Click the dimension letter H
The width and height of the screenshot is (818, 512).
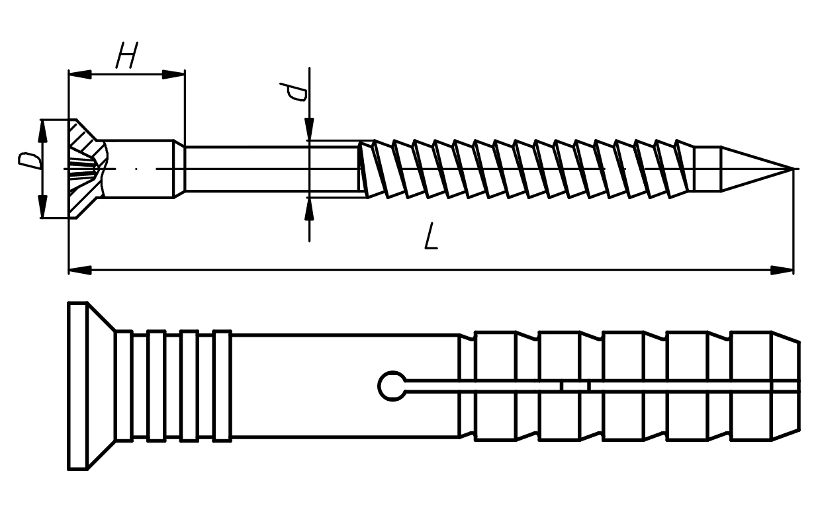pos(127,55)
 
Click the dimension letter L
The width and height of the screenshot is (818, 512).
pos(431,236)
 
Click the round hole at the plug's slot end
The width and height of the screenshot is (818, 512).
pos(392,386)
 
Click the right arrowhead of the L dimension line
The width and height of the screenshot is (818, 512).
pos(782,271)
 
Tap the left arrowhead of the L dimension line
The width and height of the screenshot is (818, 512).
pos(80,271)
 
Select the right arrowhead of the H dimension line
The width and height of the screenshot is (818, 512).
pos(173,75)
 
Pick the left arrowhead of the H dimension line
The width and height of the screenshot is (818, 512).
pos(80,75)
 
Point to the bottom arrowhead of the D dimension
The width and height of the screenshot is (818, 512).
pos(43,206)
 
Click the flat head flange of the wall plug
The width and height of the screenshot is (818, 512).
pos(78,386)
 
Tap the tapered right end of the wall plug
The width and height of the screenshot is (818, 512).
pos(786,386)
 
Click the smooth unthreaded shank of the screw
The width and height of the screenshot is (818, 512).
pos(272,169)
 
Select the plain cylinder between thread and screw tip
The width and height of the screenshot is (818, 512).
pos(707,169)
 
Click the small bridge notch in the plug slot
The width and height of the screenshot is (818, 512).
pos(575,386)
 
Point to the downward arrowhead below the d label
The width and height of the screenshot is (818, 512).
pos(309,129)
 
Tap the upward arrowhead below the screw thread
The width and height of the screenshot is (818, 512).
pos(309,210)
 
